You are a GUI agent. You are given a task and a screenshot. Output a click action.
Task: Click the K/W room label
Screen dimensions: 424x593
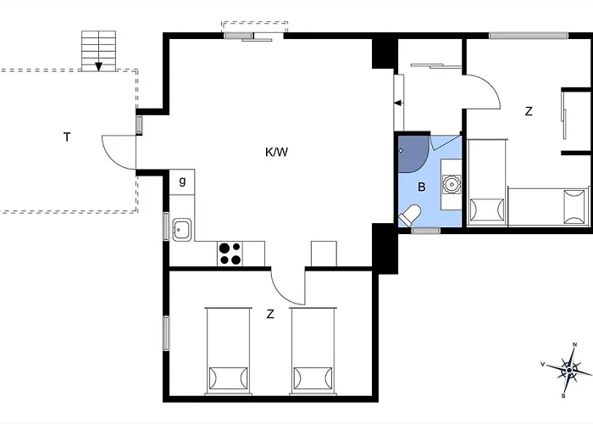[x=277, y=153]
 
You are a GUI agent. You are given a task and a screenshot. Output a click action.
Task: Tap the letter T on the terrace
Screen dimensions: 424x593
[x=66, y=137]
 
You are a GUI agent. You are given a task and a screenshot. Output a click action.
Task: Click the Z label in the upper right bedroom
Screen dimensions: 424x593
[x=529, y=111]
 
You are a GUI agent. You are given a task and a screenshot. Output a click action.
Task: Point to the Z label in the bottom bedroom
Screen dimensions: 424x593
[x=270, y=315]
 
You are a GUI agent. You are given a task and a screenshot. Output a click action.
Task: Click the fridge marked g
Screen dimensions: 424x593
[x=181, y=181]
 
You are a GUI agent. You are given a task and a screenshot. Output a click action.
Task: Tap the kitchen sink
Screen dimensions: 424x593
[x=181, y=229]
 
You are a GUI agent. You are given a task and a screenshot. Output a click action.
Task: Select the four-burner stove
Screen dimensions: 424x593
[x=230, y=253]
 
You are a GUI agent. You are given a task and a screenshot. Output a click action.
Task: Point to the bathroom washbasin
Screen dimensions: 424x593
[x=451, y=182]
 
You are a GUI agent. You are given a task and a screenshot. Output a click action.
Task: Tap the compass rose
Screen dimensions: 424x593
[x=568, y=370]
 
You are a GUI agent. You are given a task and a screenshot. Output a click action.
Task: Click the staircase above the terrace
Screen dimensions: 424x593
[x=98, y=52]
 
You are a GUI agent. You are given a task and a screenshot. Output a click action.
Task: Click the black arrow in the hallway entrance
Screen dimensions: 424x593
[x=397, y=103]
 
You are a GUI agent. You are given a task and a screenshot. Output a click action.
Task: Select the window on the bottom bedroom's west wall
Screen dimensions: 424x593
[x=167, y=332]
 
